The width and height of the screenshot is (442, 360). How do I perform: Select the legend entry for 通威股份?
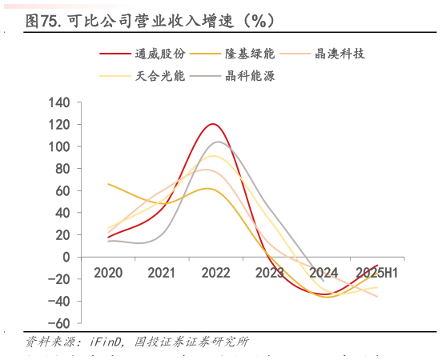point(160,54)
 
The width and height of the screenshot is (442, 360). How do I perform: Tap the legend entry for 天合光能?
point(160,77)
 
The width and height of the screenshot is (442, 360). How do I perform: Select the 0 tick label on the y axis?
point(66,257)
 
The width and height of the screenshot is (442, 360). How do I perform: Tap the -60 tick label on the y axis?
point(58,322)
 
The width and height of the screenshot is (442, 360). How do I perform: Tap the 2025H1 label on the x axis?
point(378,273)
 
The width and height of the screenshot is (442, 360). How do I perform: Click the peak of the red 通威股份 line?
point(212,124)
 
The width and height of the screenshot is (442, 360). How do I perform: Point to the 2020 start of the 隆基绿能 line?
point(108,184)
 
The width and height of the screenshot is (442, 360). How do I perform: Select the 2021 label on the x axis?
point(161,273)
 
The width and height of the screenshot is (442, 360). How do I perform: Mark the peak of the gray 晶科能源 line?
point(217,142)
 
